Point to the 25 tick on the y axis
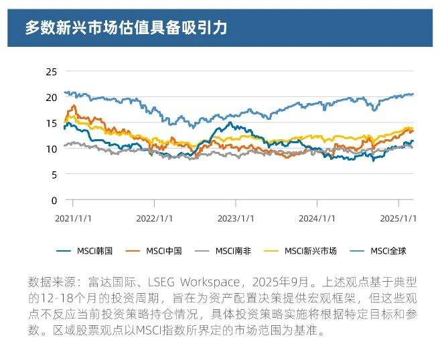pos(52,72)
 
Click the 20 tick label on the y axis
pos(52,97)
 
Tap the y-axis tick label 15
pos(52,123)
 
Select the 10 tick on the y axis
pos(52,149)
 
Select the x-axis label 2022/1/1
pos(155,218)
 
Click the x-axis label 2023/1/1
pos(236,218)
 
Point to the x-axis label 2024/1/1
pos(317,218)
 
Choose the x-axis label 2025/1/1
pos(399,218)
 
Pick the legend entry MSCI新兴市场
pos(310,251)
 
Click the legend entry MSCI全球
pos(388,251)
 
